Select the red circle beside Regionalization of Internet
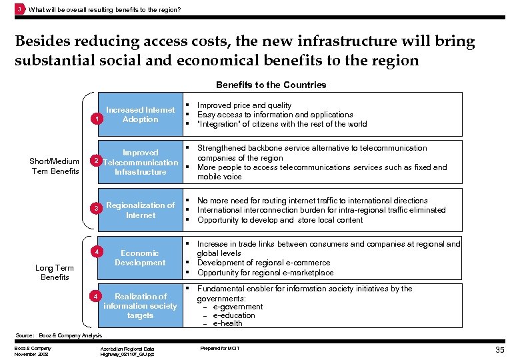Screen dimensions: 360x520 click(x=97, y=209)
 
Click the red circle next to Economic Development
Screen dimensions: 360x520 click(x=97, y=252)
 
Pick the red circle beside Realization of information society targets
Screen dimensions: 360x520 click(x=97, y=295)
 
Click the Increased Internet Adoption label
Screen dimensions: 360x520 click(x=140, y=114)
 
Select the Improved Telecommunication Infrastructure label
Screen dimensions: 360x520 click(x=140, y=162)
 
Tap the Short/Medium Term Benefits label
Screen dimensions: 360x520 click(x=55, y=167)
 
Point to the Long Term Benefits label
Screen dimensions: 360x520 click(x=55, y=272)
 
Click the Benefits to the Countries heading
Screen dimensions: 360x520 click(x=271, y=85)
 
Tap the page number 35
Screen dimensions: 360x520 click(x=500, y=350)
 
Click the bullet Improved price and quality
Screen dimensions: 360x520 click(x=244, y=105)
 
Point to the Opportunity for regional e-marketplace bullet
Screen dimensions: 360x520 click(x=265, y=273)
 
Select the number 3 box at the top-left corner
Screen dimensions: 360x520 click(x=20, y=9)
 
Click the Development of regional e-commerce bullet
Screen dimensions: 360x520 click(x=263, y=263)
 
